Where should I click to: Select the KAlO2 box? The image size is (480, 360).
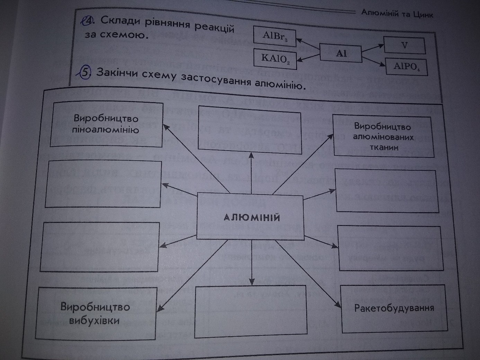tap(275, 58)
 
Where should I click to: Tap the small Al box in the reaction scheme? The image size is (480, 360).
tap(340, 54)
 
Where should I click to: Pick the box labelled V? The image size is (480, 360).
tap(404, 45)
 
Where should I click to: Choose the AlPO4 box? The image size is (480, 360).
tap(407, 67)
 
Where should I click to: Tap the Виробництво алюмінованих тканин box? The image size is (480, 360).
tap(383, 137)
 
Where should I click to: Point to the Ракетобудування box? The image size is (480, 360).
tap(394, 308)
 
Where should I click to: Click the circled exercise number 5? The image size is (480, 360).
tap(85, 73)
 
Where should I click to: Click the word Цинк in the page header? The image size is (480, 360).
tap(423, 15)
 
